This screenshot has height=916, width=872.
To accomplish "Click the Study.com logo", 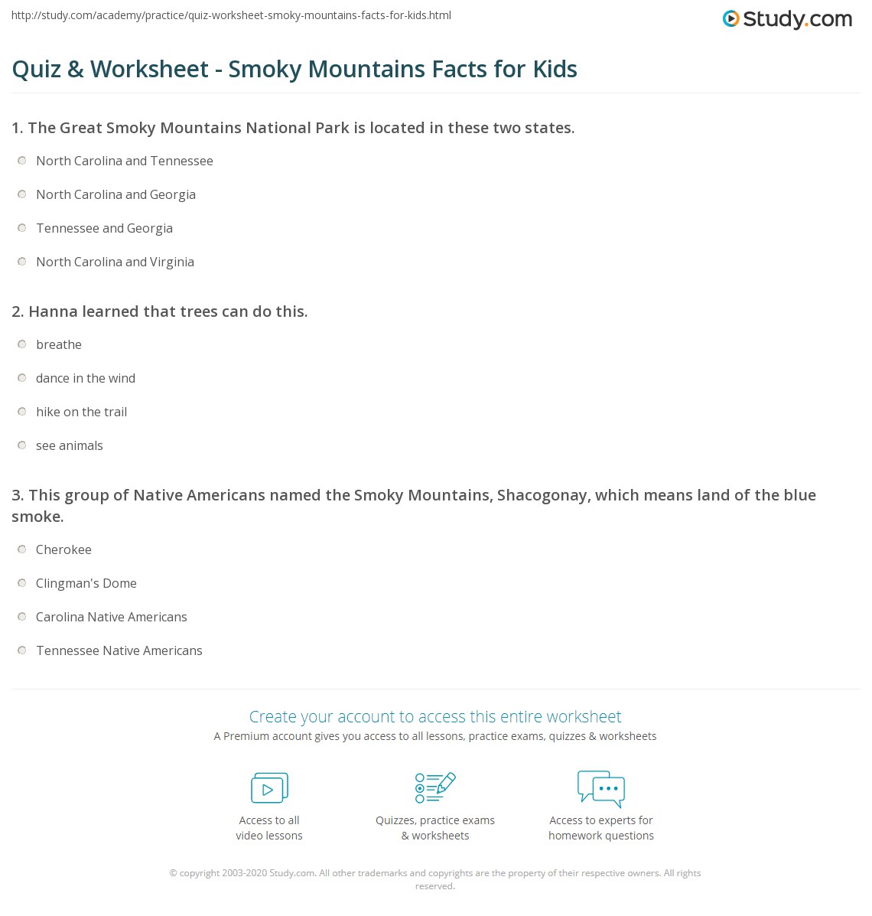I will pyautogui.click(x=787, y=19).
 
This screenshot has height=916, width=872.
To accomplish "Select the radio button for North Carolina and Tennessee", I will pyautogui.click(x=21, y=161).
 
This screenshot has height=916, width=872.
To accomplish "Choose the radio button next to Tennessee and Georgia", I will pyautogui.click(x=21, y=228).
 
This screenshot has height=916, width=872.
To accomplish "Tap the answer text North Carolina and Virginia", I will pyautogui.click(x=115, y=262).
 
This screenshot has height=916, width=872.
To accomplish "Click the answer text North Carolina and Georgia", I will pyautogui.click(x=116, y=194).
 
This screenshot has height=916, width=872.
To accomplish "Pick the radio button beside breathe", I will pyautogui.click(x=21, y=344).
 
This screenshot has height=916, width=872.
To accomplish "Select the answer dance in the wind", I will pyautogui.click(x=86, y=378).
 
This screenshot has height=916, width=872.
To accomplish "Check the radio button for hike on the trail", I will pyautogui.click(x=21, y=412).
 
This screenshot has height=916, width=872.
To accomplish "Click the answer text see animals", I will pyautogui.click(x=69, y=445).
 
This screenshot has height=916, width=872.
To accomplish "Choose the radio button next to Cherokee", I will pyautogui.click(x=21, y=549).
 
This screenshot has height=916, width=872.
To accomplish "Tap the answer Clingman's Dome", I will pyautogui.click(x=86, y=583).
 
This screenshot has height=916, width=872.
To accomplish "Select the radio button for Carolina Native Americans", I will pyautogui.click(x=21, y=617).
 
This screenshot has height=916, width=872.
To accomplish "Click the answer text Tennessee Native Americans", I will pyautogui.click(x=119, y=650).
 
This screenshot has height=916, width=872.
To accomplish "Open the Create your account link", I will pyautogui.click(x=435, y=716).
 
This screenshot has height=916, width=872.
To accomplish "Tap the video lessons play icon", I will pyautogui.click(x=269, y=787).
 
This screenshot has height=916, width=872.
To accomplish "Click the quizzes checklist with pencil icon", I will pyautogui.click(x=435, y=787).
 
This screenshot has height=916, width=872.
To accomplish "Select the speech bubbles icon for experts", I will pyautogui.click(x=601, y=788).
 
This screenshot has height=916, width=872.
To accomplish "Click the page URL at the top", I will pyautogui.click(x=231, y=15).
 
